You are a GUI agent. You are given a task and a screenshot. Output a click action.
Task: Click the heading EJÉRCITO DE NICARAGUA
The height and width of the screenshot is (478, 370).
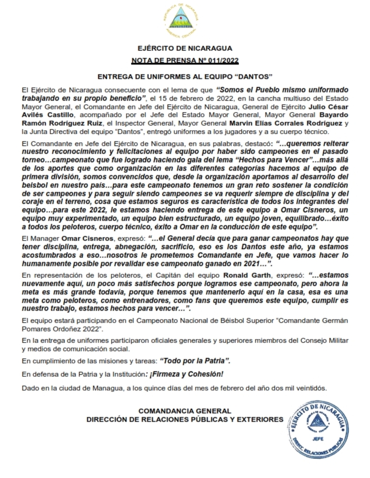(x=185, y=48)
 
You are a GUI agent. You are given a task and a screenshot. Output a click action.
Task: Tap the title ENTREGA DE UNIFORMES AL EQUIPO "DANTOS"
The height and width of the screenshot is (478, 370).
(x=185, y=76)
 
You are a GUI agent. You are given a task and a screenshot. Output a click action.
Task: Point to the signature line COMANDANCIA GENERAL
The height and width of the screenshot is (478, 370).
(x=185, y=411)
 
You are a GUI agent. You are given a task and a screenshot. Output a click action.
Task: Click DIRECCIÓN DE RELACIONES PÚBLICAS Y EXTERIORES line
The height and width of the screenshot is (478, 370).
(x=185, y=419)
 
